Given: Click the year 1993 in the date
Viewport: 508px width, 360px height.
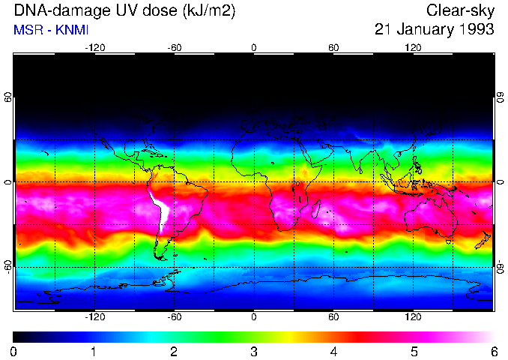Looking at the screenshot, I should pos(475,29).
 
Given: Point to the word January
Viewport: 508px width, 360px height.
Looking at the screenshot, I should pos(423,29).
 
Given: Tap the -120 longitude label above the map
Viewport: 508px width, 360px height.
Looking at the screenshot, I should pos(94,47).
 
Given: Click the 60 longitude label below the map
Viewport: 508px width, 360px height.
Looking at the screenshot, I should pos(333,317).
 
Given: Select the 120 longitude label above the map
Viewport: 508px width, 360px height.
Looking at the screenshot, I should pos(413,47).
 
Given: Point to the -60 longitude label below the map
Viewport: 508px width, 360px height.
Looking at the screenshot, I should pos(174,317).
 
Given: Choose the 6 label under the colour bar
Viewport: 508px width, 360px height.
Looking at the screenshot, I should pos(493,351).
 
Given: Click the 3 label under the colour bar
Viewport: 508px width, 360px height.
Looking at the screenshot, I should pos(253,351).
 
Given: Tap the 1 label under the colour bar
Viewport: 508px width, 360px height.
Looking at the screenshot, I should pos(94,351).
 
